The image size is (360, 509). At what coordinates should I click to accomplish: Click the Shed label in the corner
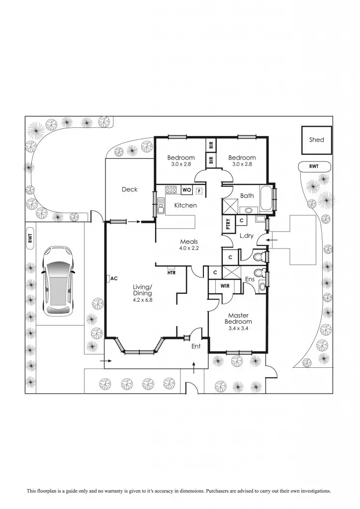point(316,140)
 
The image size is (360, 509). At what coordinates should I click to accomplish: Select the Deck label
point(129,189)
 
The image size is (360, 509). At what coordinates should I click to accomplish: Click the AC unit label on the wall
point(113,278)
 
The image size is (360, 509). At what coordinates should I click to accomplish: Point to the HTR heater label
point(172,272)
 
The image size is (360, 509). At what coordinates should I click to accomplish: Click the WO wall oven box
point(186,189)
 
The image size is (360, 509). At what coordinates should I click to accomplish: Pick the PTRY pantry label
point(227,224)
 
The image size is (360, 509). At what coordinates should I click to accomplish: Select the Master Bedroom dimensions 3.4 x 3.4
point(238,329)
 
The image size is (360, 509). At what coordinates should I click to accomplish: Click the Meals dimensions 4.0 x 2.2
point(189,248)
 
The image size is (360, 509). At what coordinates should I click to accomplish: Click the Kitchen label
point(185,205)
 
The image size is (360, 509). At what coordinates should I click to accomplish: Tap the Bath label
point(247,196)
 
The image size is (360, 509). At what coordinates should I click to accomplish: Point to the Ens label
point(250,280)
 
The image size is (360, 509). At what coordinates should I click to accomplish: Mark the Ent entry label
point(196,346)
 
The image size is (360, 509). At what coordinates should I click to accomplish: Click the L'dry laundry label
point(246,236)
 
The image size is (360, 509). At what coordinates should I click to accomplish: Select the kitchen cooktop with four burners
point(171,189)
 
